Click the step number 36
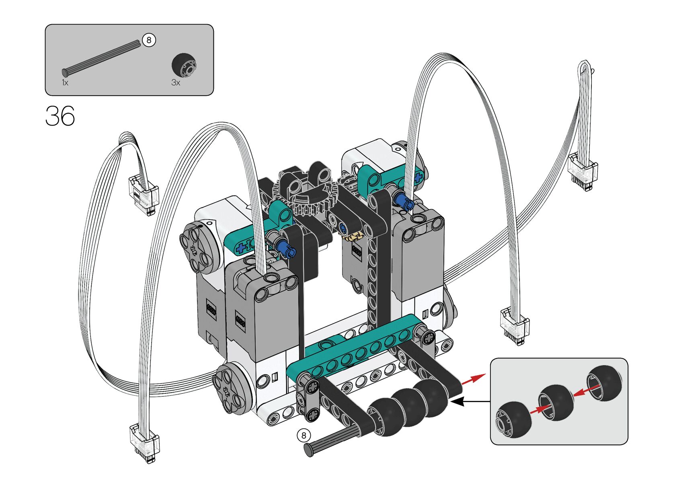pos(60,116)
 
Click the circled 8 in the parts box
pos(149,40)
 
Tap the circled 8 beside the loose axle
pos(304,435)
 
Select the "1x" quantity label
pos(65,82)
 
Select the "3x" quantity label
pos(176,82)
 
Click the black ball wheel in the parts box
pos(184,65)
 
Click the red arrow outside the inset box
pos(474,379)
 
